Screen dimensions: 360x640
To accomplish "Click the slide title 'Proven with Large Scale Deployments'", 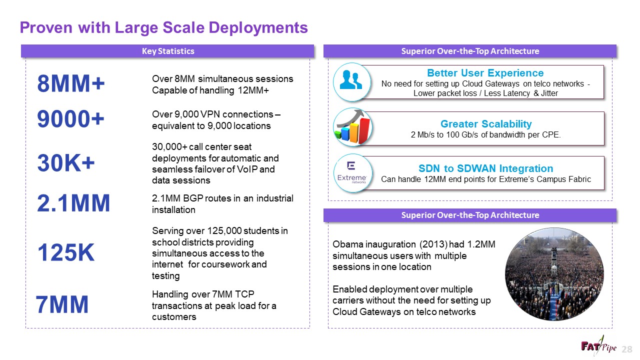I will pos(163,27).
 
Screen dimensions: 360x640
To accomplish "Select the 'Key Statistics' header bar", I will pos(167,51).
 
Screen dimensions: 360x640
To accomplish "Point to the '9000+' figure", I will pos(71,119).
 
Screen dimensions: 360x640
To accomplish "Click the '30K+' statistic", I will pos(66,163).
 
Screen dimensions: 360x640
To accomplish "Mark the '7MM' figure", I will pos(62,304).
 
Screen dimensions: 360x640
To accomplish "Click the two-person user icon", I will pos(351,80).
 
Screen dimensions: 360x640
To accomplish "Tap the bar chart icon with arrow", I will pos(351,127).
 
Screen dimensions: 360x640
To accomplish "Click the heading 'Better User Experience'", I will pos(485,73).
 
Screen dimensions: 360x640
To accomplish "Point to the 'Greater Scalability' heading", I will pos(485,123).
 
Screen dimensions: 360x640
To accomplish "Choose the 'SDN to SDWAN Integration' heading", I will pos(485,168).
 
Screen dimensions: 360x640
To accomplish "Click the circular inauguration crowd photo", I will pos(554,274).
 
